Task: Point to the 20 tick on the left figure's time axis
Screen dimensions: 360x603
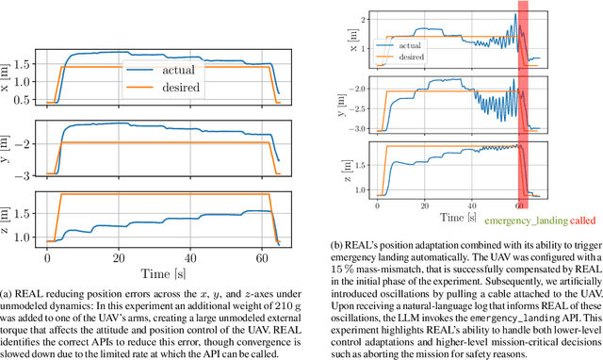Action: (118, 257)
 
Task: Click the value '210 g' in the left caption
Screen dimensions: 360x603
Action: (208, 312)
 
